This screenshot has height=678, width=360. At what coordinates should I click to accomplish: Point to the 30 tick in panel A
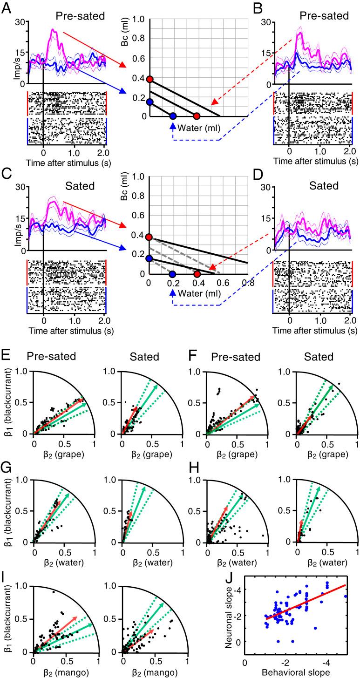20,22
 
